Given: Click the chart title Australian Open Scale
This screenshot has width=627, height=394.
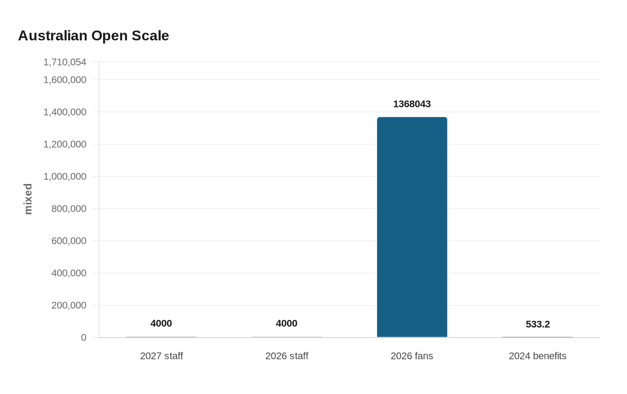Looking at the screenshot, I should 94,36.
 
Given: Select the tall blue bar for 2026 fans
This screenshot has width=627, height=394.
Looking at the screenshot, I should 412,227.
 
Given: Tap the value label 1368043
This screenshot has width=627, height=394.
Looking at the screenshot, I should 412,104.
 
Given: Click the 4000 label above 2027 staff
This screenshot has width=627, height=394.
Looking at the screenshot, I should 161,323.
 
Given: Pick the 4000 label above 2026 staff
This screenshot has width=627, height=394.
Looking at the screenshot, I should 287,323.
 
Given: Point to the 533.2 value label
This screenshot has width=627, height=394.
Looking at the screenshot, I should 537,324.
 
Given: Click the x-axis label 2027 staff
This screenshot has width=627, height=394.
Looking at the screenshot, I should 161,356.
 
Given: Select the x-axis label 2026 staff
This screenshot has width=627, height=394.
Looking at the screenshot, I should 287,356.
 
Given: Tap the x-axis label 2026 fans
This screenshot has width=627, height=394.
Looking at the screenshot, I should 412,356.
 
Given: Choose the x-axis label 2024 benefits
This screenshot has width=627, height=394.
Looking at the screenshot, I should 537,356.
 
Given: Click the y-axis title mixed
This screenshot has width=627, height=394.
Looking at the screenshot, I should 28,199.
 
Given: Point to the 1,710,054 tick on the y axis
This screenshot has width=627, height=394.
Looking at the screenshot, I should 64,62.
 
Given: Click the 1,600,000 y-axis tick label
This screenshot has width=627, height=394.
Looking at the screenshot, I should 64,80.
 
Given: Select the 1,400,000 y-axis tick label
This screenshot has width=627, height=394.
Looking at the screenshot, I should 64,112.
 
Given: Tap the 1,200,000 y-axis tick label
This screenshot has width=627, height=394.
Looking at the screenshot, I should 64,144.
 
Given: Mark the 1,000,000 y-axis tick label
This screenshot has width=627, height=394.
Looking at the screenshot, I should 64,176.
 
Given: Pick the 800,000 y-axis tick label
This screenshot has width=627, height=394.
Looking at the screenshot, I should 69,209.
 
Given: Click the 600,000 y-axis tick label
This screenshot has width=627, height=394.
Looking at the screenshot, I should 69,241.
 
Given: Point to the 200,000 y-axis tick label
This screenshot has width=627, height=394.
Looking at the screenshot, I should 69,305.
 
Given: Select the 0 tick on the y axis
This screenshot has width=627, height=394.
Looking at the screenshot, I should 83,338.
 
